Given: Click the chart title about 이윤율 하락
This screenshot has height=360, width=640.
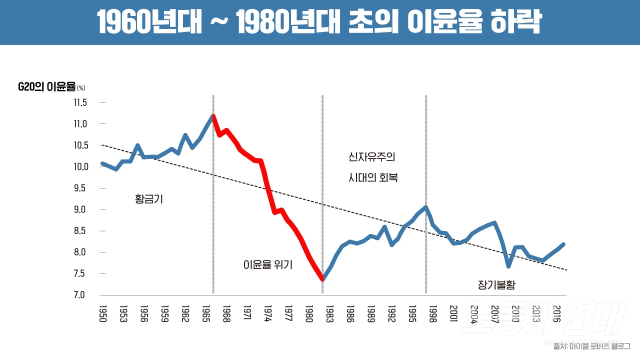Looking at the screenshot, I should (319, 22).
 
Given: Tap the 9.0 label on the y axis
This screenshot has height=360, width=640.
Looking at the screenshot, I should (80, 209).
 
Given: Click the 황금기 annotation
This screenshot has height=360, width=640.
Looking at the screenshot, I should (149, 199).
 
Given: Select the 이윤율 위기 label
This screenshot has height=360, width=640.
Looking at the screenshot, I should (267, 265).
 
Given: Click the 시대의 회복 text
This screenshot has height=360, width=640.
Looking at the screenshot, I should (373, 177).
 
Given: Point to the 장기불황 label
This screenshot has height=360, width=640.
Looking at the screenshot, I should (496, 285).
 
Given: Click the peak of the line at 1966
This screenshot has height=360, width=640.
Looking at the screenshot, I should (213, 116).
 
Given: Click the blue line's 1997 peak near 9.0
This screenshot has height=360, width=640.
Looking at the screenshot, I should (425, 207).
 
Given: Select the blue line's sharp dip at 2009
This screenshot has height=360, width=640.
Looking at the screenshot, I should (508, 266).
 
